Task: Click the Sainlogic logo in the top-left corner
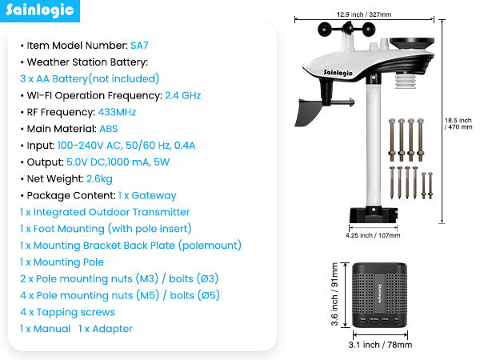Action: click(42, 11)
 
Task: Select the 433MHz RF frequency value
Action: click(116, 111)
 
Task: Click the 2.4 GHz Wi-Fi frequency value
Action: click(182, 95)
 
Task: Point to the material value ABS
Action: click(108, 128)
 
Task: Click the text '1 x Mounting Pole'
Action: click(62, 262)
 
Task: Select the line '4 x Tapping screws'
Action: click(67, 312)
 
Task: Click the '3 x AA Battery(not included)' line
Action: click(90, 78)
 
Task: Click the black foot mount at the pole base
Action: click(373, 214)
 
